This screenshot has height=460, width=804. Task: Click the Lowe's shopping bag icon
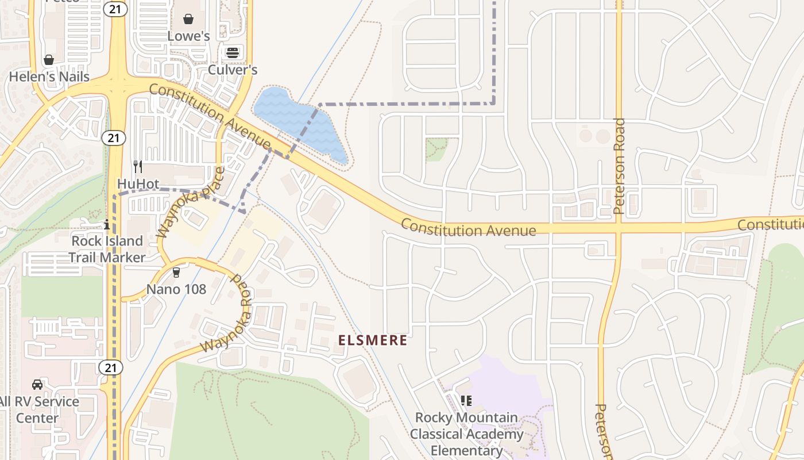coord(188,19)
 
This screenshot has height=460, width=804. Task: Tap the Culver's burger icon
coord(233,53)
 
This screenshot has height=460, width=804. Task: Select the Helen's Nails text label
coord(49,76)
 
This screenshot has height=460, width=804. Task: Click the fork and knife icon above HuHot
coord(137,167)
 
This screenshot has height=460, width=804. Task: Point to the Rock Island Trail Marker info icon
coord(106,224)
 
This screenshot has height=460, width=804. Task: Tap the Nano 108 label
coord(176,289)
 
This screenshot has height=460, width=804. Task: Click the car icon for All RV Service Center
coord(37,384)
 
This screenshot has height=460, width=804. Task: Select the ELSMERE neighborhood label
coord(373,340)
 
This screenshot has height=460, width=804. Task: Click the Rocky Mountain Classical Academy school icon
coord(466,400)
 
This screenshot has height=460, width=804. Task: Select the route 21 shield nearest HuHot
coord(113,137)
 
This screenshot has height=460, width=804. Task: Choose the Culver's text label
coord(233,70)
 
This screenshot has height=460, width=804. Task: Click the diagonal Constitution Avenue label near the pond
coord(210,115)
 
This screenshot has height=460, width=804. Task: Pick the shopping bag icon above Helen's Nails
coord(49,60)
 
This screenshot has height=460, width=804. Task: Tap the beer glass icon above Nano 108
coord(176,272)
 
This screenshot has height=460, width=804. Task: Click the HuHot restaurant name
coord(138,183)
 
